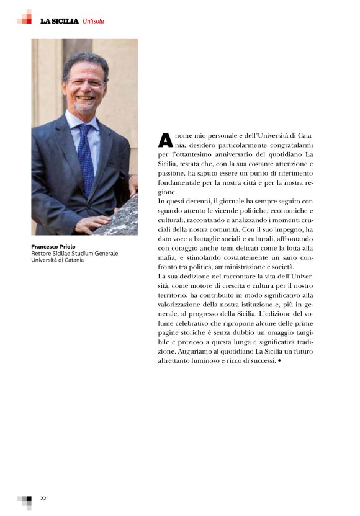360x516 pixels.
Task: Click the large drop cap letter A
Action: pyautogui.click(x=165, y=140)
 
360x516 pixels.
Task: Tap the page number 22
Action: pyautogui.click(x=43, y=498)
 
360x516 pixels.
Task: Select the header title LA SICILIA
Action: pyautogui.click(x=60, y=21)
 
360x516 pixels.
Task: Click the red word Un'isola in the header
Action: pyautogui.click(x=93, y=21)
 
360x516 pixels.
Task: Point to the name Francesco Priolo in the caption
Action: pyautogui.click(x=53, y=247)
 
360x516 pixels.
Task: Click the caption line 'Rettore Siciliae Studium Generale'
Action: pyautogui.click(x=74, y=253)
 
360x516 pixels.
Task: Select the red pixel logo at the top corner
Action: pyautogui.click(x=25, y=17)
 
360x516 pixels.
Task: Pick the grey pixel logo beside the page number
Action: pyautogui.click(x=25, y=500)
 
